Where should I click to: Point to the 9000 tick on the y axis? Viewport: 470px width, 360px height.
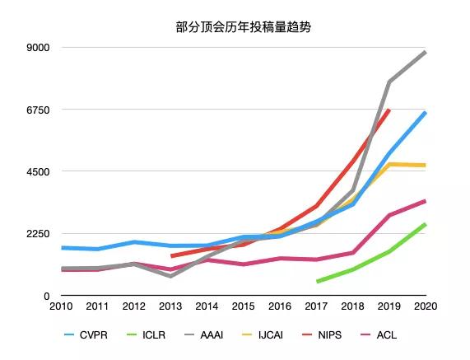39,48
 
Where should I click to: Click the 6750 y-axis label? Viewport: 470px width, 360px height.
39,110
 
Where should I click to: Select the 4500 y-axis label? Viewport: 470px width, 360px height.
39,171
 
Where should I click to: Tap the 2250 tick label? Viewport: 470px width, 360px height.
39,234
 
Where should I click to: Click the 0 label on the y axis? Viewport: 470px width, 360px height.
46,296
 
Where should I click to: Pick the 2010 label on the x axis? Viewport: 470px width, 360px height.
62,306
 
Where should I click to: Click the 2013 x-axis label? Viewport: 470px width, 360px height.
170,306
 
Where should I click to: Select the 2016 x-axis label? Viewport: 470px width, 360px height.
280,306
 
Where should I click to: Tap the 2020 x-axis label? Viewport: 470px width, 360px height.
425,306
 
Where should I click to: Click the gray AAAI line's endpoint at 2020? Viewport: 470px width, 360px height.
425,52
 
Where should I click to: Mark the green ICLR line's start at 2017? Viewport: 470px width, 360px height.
317,282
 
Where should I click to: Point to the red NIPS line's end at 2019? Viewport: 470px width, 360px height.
389,110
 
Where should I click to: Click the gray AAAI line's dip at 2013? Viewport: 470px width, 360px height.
170,276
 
